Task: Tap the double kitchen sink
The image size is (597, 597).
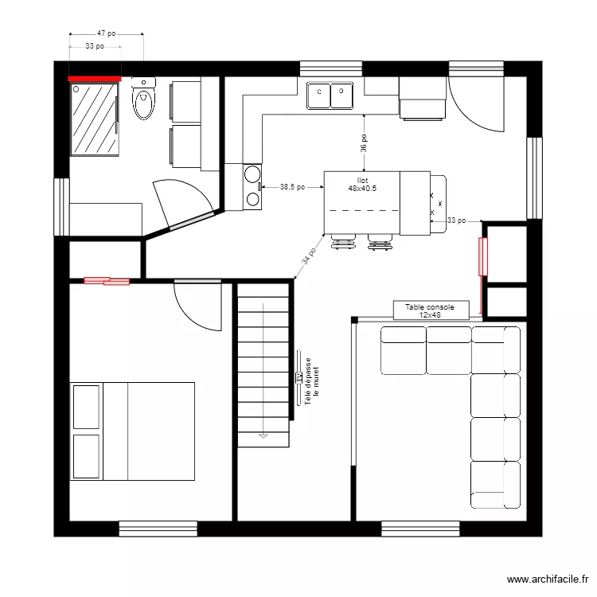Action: tap(330, 96)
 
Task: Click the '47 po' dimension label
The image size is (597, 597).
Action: tap(106, 34)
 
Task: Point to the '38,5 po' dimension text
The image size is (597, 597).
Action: tap(293, 187)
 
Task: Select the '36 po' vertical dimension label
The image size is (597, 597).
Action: tap(363, 143)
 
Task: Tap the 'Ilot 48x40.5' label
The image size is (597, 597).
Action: tap(362, 185)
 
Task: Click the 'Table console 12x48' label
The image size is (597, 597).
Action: tap(429, 310)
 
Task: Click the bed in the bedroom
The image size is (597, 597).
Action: tap(133, 431)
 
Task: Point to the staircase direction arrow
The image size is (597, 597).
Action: tap(262, 435)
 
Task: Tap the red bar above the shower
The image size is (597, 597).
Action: tap(94, 79)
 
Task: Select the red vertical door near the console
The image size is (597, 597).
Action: tap(482, 257)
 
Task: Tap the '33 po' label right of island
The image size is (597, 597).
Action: tap(457, 220)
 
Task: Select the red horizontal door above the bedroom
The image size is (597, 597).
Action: tap(107, 280)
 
